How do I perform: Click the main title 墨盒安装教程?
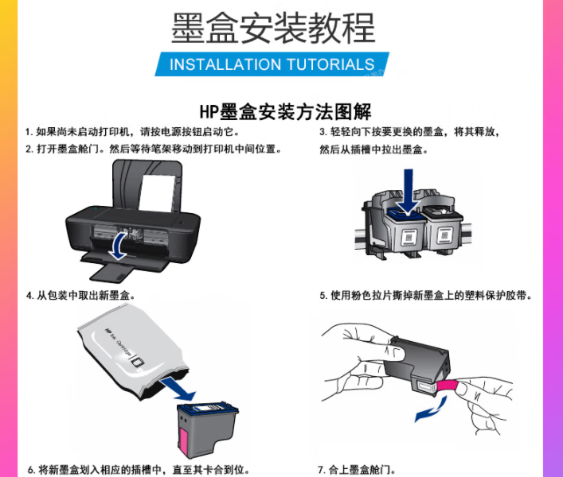(273, 28)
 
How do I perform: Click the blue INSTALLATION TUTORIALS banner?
(272, 64)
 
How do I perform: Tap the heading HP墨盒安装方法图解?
(285, 112)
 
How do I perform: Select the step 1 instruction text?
(132, 132)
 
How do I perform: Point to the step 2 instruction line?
(154, 149)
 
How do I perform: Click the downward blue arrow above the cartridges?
(408, 192)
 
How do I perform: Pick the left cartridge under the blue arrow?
(406, 231)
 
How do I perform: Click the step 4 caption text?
(81, 296)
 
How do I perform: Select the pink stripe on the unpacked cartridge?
(183, 443)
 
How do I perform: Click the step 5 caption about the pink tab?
(426, 296)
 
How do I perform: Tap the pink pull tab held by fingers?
(448, 386)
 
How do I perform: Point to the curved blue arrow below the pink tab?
(432, 411)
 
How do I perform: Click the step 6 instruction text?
(139, 470)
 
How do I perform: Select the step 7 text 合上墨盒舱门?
(358, 470)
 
